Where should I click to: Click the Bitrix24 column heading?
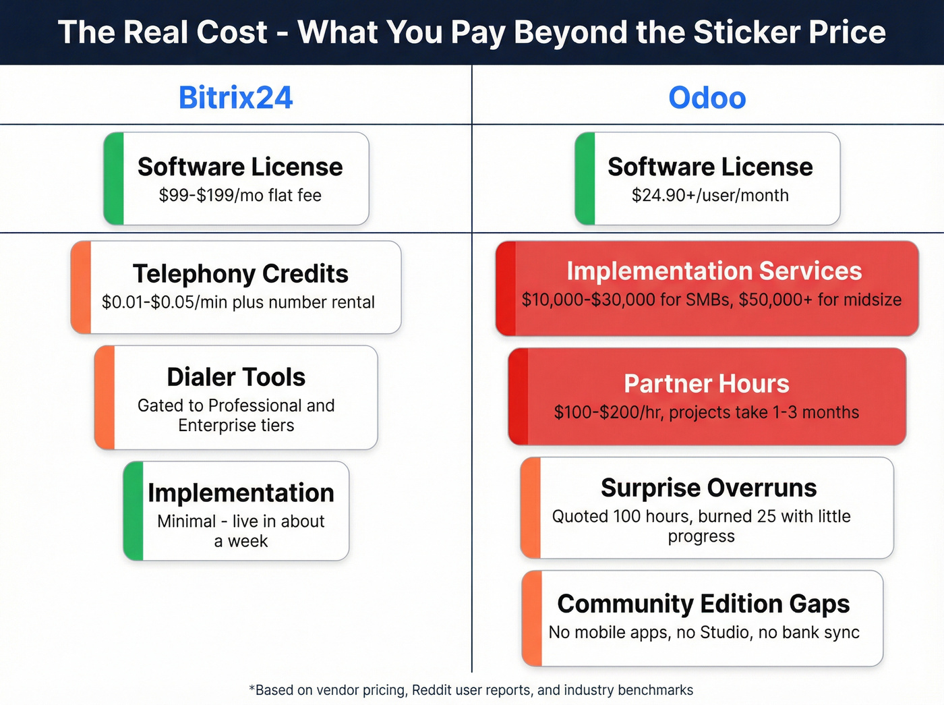[235, 98]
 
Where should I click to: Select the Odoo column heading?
[707, 98]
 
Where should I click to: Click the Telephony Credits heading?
[240, 274]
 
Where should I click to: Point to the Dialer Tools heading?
[236, 377]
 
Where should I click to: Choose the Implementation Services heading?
[714, 271]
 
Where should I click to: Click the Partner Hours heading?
[706, 384]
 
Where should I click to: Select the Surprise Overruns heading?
[708, 488]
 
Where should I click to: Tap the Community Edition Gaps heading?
[703, 604]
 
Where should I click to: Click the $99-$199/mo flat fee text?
[240, 196]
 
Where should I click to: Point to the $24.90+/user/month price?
[710, 196]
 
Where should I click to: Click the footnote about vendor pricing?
[471, 690]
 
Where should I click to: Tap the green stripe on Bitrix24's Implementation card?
[134, 511]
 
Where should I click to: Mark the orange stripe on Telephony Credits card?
[81, 287]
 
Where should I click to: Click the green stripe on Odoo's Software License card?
[585, 179]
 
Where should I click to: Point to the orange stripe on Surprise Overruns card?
[531, 508]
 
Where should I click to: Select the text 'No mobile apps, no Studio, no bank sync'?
[704, 633]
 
